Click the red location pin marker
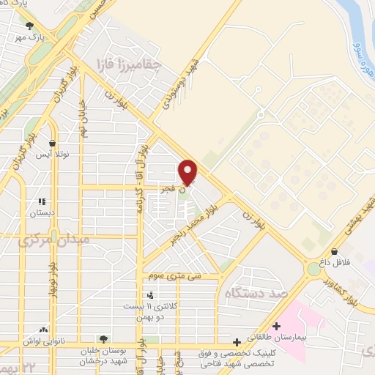pos(188,173)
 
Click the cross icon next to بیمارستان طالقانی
pos(275,326)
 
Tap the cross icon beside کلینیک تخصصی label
pos(236,342)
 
